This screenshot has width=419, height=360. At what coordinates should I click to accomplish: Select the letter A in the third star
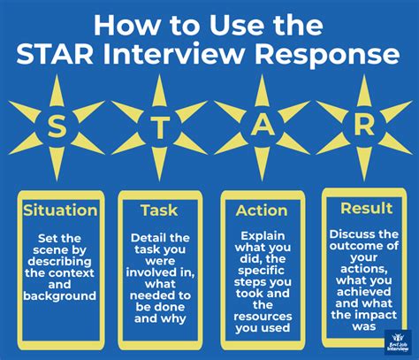[263, 125]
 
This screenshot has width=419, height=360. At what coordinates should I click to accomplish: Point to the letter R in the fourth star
[362, 125]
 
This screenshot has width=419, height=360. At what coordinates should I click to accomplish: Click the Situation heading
[60, 211]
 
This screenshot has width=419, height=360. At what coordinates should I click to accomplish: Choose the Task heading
[160, 211]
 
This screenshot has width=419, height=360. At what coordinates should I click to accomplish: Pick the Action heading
[263, 211]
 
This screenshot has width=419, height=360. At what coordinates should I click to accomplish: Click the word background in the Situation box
[60, 296]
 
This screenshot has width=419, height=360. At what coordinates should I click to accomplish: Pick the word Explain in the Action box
[263, 237]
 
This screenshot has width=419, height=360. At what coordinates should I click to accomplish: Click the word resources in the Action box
[263, 315]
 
